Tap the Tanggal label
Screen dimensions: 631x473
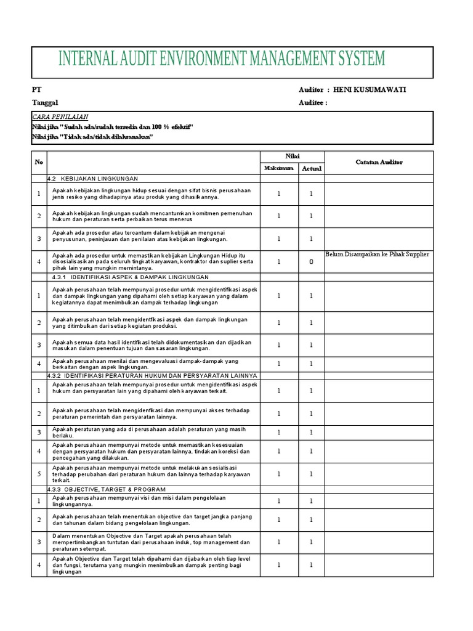point(45,103)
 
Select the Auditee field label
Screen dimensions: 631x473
point(313,103)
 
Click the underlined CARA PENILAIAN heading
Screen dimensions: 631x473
point(60,116)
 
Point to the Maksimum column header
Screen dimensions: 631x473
point(279,168)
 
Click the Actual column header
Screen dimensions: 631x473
point(311,168)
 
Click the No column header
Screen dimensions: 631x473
point(39,162)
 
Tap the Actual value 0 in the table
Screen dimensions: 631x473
point(311,262)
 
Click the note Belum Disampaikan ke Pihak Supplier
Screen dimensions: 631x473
point(376,254)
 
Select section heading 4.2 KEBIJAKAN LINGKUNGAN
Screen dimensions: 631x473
point(93,179)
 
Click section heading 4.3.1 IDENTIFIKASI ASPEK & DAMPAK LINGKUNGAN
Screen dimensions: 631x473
point(131,277)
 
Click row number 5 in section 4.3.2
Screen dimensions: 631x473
point(39,474)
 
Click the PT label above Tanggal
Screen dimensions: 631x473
point(36,90)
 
